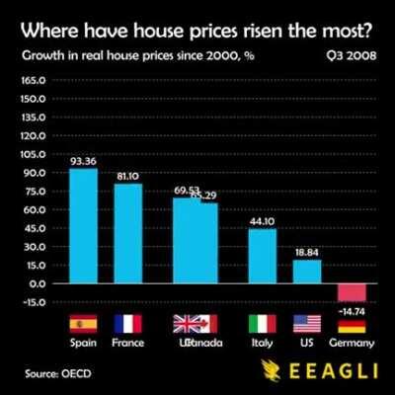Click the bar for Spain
(x=83, y=226)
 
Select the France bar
(x=128, y=233)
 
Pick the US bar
(x=306, y=272)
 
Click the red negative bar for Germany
(x=352, y=292)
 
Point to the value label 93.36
(x=83, y=161)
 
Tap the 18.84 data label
(x=306, y=253)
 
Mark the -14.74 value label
(x=352, y=310)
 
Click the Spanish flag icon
(x=83, y=324)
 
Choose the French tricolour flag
(x=128, y=324)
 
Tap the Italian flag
(x=262, y=324)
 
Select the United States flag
(x=306, y=324)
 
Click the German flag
(x=352, y=324)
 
